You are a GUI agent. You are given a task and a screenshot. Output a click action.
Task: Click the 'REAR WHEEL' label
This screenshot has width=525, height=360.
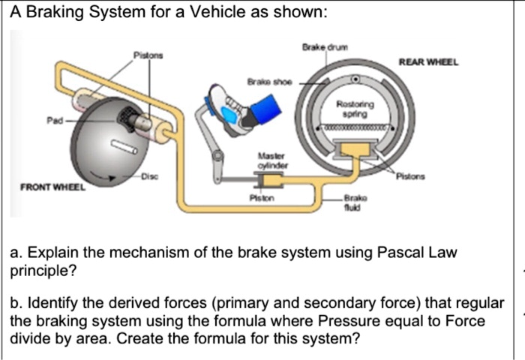[x=427, y=63]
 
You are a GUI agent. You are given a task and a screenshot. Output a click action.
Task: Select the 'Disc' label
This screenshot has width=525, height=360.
[x=154, y=177]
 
